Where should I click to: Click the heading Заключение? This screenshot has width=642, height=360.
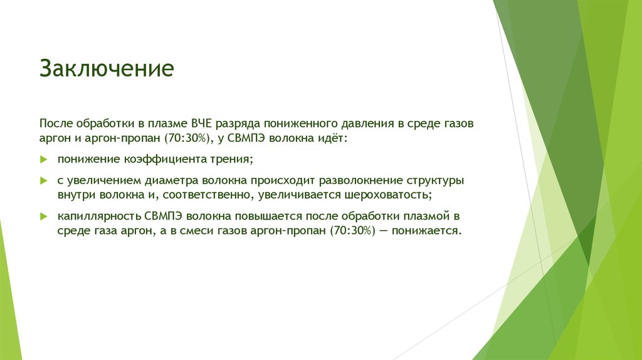pos(107,68)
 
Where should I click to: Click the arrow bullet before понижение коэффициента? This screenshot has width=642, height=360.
pos(44,159)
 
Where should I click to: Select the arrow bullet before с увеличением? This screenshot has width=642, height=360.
pos(44,181)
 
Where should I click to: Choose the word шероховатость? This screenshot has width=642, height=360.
pos(387,195)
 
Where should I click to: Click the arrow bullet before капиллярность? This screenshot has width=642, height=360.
pos(44,216)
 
